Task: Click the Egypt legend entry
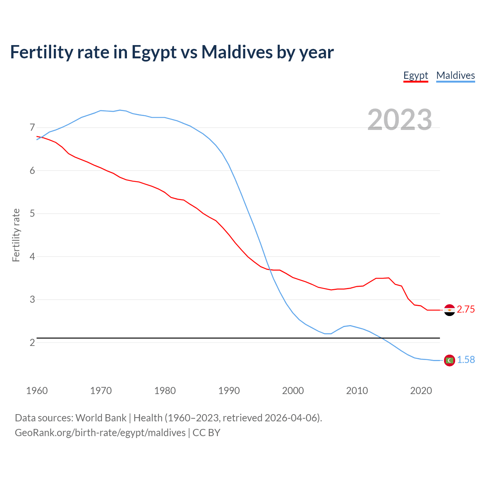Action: tap(415, 75)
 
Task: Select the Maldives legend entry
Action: tap(455, 75)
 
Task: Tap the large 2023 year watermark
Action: tap(399, 120)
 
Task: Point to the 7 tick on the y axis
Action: tap(32, 127)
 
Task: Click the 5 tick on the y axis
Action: tap(32, 213)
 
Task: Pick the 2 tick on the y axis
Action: tap(32, 343)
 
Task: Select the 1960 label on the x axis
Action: tap(37, 391)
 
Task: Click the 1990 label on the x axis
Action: tap(229, 391)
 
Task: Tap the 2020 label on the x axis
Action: tap(421, 391)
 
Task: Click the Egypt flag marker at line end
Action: tap(449, 310)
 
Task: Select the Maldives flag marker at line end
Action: tap(449, 360)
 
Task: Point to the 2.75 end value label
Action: tap(466, 310)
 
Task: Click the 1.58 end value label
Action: tap(466, 360)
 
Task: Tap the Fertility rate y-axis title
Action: tap(16, 235)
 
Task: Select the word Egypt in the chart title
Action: tap(154, 52)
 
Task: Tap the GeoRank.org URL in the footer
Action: tap(100, 433)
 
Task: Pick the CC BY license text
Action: tap(207, 433)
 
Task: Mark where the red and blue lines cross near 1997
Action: tap(269, 269)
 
